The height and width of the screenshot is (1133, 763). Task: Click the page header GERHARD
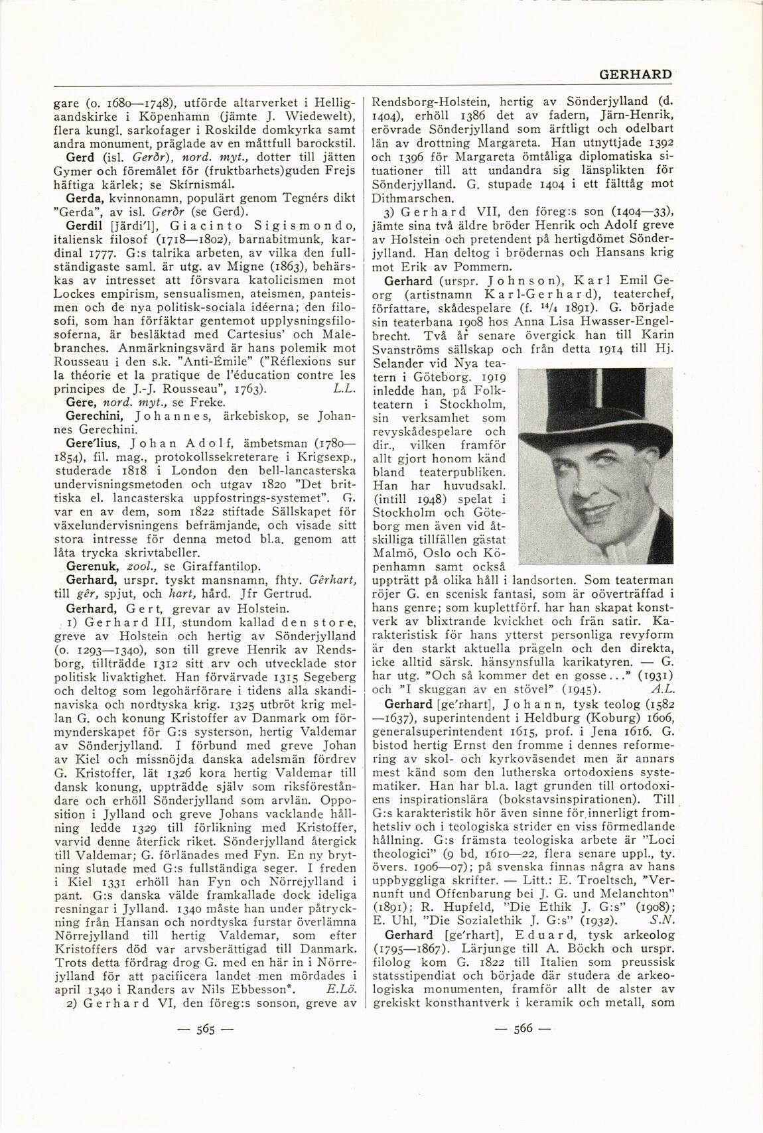[635, 75]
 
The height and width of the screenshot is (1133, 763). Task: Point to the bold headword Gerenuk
[90, 566]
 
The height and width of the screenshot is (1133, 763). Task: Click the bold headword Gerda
[82, 198]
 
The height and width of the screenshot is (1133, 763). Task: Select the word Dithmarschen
[413, 197]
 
